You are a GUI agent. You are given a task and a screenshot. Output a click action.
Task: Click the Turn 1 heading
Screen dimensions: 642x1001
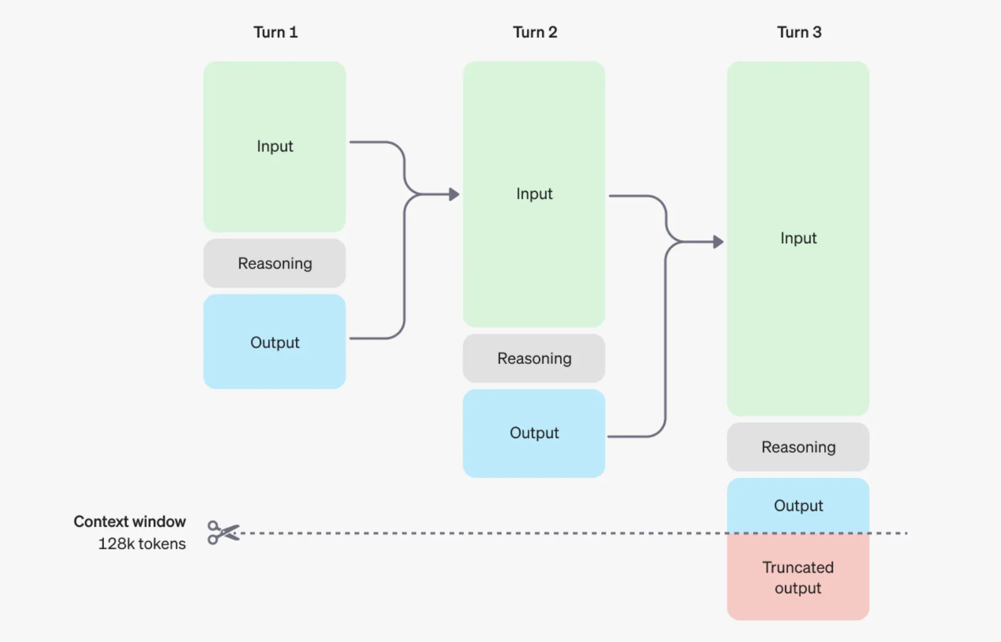[275, 32]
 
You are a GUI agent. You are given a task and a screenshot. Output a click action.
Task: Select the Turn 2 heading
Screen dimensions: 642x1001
[535, 32]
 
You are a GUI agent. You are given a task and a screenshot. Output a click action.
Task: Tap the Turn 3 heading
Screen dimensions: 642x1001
[799, 32]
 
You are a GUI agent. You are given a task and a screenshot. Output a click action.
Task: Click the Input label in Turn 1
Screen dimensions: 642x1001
[275, 146]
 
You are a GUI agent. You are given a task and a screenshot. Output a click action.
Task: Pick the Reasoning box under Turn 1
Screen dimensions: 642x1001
[275, 263]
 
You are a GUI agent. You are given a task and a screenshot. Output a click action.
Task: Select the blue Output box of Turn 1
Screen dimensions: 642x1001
[275, 342]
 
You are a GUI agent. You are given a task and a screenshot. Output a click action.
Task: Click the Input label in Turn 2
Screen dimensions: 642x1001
[534, 194]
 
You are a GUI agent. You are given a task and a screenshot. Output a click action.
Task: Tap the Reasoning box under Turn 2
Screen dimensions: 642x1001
[534, 358]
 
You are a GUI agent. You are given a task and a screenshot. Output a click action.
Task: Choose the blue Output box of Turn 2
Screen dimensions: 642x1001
[534, 433]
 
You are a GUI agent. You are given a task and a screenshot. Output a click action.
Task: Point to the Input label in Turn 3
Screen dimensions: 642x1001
[798, 238]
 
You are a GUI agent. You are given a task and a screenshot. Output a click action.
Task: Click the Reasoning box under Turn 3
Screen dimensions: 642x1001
[798, 447]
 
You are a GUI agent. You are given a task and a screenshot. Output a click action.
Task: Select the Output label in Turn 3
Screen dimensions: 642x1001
[798, 506]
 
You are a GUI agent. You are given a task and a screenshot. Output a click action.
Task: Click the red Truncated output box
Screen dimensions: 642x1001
[798, 577]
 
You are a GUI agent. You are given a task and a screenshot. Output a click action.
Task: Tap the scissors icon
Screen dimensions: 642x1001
[223, 533]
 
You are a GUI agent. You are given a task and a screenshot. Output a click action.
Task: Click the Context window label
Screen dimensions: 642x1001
[130, 521]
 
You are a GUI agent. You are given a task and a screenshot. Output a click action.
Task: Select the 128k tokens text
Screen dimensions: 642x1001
[142, 544]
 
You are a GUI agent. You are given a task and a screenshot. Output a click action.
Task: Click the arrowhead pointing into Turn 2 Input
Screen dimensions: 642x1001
[454, 194]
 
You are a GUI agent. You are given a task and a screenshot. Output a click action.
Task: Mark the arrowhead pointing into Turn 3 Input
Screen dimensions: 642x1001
[718, 242]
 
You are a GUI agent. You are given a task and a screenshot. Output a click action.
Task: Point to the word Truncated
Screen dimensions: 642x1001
[798, 567]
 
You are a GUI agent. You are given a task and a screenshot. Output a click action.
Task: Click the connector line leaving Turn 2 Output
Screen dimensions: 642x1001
[633, 436]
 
